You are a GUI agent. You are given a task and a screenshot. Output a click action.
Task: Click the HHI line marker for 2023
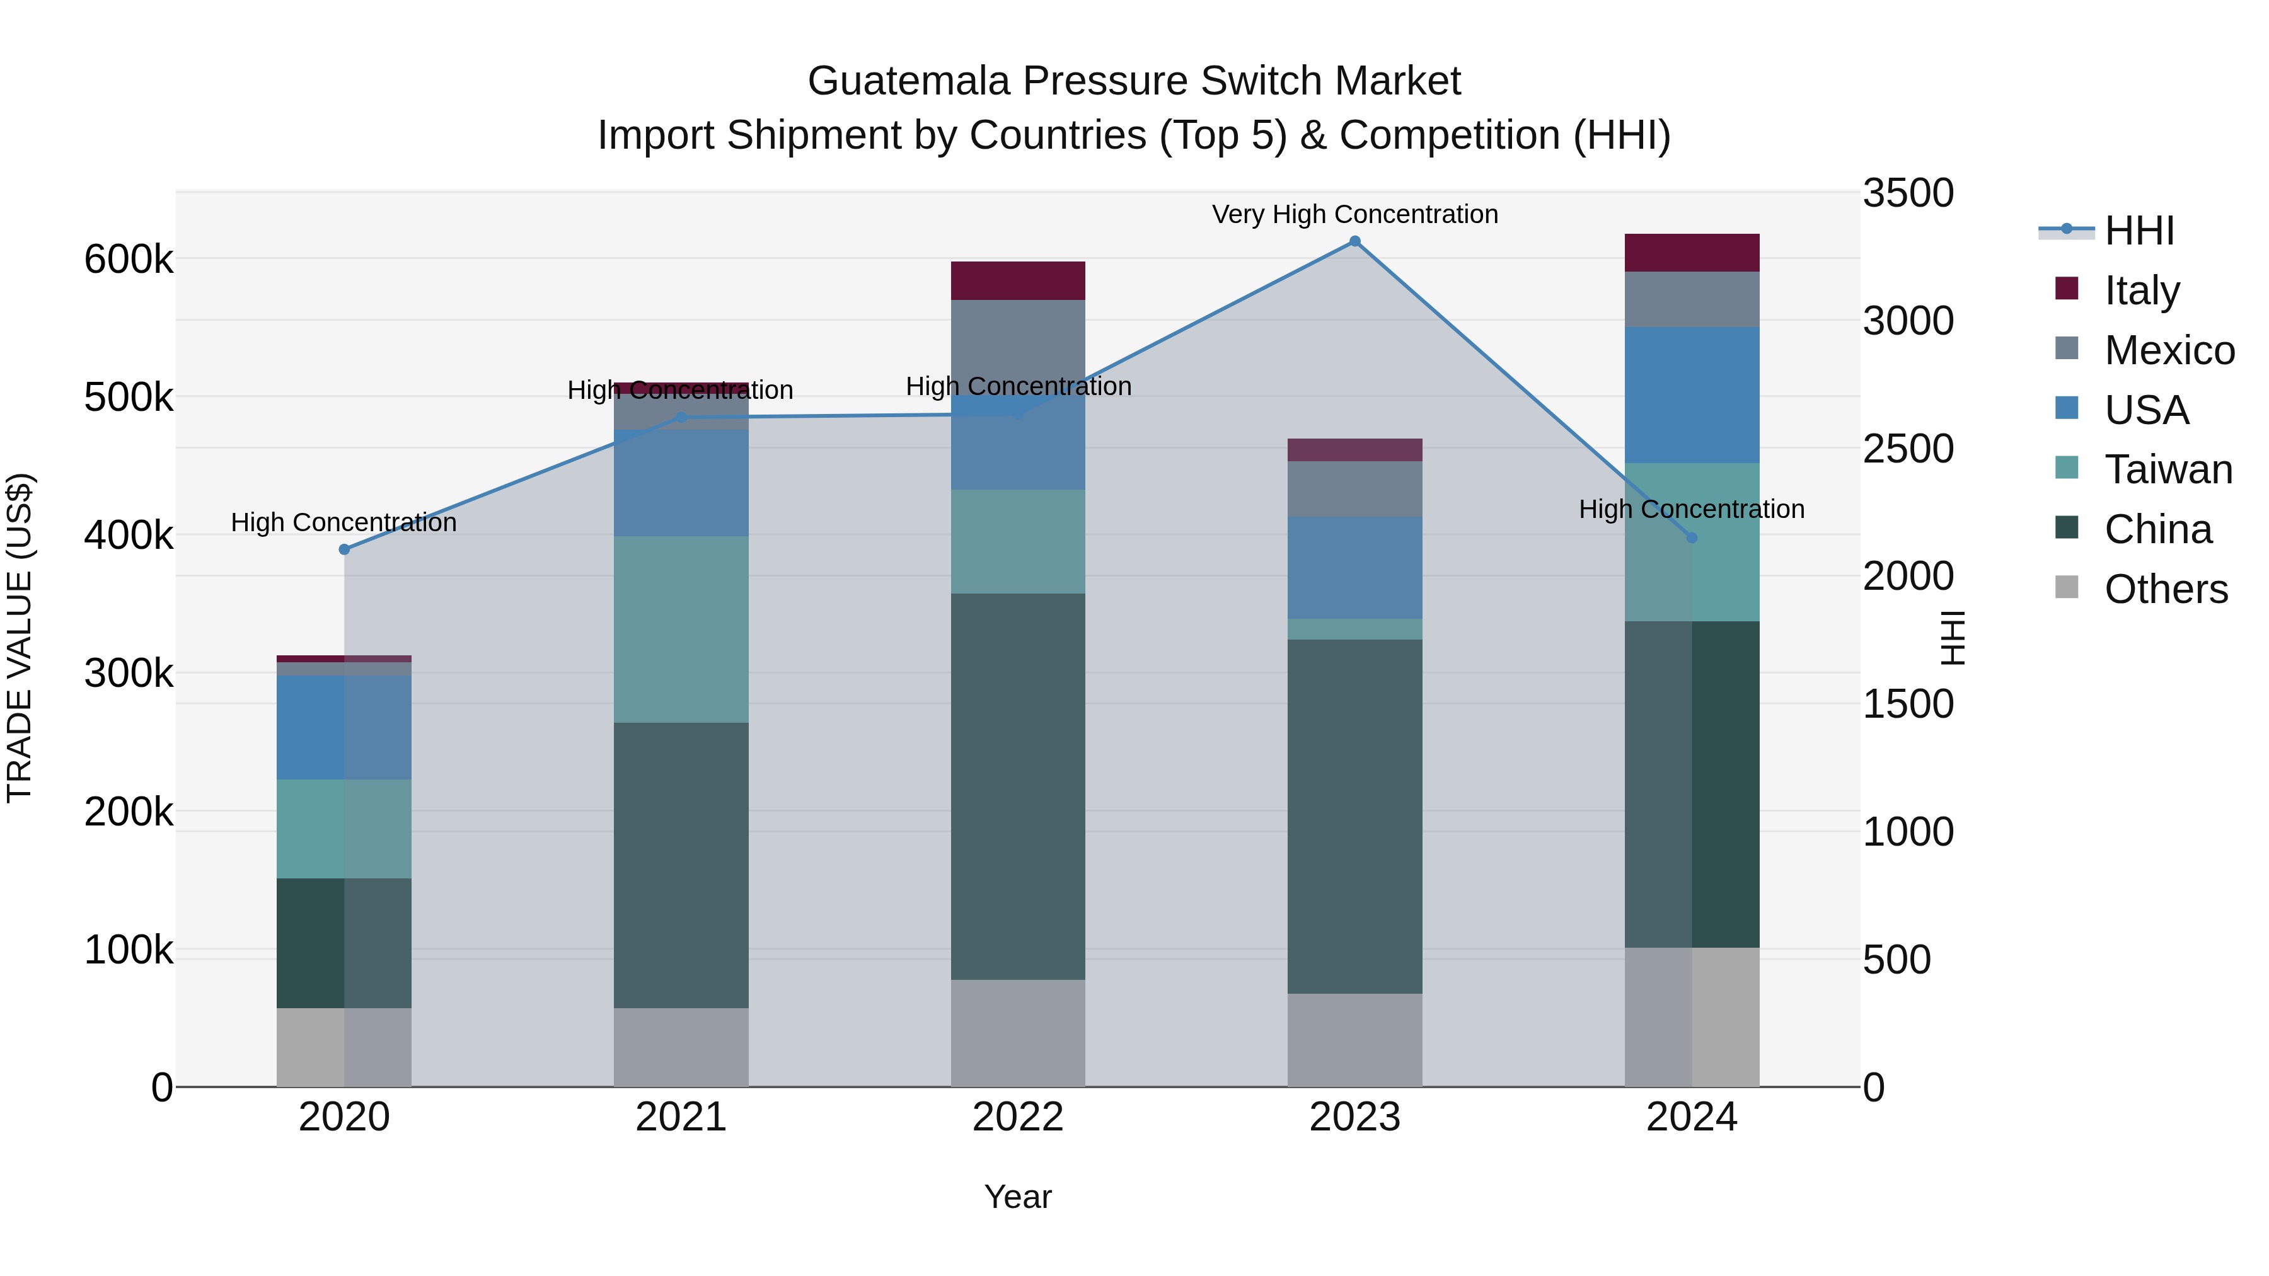(x=1354, y=241)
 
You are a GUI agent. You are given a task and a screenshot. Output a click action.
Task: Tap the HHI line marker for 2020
(x=344, y=549)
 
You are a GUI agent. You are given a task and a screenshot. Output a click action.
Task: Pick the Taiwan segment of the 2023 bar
(x=1354, y=629)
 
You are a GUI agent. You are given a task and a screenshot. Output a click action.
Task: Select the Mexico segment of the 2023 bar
(x=1354, y=489)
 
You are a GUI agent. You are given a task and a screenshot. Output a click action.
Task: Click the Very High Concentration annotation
(x=1354, y=214)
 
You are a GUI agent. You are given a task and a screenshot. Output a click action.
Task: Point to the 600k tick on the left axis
(x=129, y=259)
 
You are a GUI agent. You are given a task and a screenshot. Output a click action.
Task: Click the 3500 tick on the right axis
(x=1908, y=193)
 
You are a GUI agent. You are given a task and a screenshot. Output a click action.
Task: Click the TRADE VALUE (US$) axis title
(x=20, y=638)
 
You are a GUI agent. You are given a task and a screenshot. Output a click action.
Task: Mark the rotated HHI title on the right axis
(x=1953, y=638)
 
